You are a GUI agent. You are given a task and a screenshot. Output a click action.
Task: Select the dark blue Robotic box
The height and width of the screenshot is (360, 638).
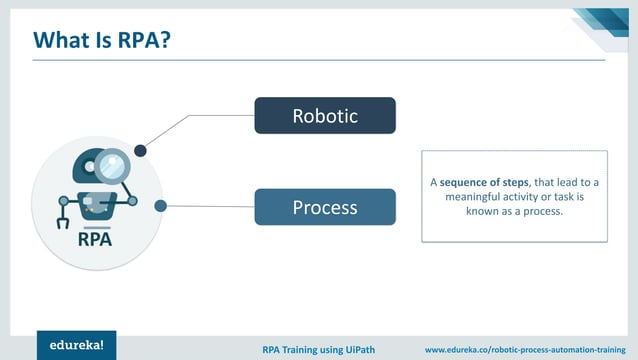[325, 116]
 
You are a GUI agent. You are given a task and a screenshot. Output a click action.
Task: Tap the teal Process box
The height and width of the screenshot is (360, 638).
[325, 208]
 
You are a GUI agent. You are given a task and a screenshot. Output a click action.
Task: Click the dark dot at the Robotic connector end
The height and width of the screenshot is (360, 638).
[141, 151]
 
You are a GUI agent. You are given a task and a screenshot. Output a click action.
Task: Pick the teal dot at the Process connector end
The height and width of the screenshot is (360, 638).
[160, 206]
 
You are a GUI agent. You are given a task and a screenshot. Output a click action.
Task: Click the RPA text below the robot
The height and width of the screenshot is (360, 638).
[95, 241]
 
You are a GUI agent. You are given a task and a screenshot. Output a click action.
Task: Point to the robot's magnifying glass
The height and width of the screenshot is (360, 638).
[115, 163]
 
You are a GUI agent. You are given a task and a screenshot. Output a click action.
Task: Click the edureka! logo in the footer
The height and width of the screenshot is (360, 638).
[77, 345]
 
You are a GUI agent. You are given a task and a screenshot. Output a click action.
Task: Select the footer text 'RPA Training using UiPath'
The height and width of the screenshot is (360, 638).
[323, 349]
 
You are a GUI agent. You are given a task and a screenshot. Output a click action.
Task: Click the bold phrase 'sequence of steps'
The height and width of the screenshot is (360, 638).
[483, 182]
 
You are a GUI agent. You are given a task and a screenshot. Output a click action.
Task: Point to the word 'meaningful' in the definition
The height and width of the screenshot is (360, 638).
[471, 197]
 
